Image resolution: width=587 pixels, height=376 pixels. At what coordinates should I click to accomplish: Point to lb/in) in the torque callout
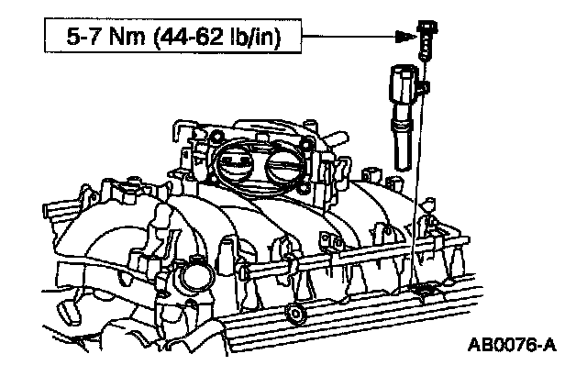[x=257, y=37]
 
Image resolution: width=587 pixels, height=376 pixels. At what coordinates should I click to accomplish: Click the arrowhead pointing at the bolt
[x=405, y=37]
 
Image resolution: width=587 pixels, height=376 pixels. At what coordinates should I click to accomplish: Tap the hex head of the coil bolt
[x=426, y=28]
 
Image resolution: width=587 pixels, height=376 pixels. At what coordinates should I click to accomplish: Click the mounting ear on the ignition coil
[x=422, y=87]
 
